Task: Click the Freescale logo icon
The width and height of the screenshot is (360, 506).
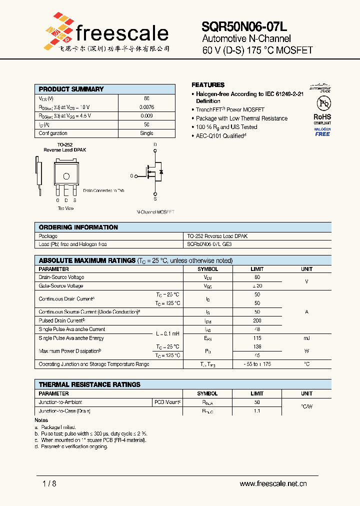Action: (x=58, y=28)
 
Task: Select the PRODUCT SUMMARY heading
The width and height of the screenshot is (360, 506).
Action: (x=71, y=89)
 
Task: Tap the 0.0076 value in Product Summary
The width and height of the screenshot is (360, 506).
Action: (x=146, y=107)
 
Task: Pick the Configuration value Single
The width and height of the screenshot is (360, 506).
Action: (x=146, y=133)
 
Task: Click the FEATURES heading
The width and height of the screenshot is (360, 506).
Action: (x=208, y=85)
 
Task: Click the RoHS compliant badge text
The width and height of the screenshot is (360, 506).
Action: (x=322, y=117)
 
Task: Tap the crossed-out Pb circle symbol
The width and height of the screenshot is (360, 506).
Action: (x=322, y=103)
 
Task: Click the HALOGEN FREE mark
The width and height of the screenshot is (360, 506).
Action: (x=322, y=131)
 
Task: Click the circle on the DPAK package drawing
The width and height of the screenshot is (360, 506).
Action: (x=66, y=175)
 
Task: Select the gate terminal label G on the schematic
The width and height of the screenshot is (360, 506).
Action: (x=132, y=176)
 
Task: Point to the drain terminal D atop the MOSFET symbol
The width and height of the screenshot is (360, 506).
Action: (x=155, y=145)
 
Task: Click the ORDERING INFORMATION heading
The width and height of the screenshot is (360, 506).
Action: (x=78, y=227)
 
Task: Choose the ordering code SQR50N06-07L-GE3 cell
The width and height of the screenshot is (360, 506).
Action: (x=209, y=244)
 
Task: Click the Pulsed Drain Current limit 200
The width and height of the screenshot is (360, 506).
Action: (x=257, y=320)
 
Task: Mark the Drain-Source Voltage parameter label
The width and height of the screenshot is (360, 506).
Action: (x=61, y=277)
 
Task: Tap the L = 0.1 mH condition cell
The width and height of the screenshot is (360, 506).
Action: (x=167, y=333)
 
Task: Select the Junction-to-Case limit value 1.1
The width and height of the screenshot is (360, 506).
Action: (x=257, y=410)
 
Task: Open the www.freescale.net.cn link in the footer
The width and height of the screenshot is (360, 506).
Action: (x=273, y=483)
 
